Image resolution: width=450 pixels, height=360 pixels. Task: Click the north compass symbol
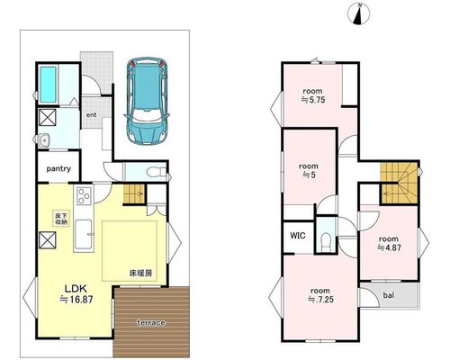point(358,14)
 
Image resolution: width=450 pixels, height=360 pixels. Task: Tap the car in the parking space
point(147,100)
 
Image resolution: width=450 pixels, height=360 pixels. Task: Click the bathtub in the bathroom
point(48,85)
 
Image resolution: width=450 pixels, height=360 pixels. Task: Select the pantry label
point(58,168)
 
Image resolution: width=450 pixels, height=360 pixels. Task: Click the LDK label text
point(76,289)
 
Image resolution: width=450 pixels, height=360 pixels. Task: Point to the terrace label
point(151,323)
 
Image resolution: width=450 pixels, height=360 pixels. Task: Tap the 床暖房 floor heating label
point(141,274)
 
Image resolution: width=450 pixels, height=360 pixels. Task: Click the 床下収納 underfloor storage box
point(61,219)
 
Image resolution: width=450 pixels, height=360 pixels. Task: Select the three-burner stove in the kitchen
point(84,195)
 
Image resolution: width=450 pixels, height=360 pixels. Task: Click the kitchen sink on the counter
point(83,234)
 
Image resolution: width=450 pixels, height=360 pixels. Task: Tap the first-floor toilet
point(157,172)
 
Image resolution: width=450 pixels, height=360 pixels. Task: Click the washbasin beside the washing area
point(44,140)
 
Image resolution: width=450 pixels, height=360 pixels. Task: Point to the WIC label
point(298,236)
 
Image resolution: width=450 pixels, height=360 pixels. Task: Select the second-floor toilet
point(326,241)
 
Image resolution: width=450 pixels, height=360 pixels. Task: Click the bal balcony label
point(389,295)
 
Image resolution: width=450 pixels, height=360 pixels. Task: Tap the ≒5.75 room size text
point(313,100)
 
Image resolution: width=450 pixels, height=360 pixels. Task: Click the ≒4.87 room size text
point(389,247)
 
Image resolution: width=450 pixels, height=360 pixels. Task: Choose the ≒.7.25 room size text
point(320,300)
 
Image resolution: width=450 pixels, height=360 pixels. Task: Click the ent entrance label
point(92,115)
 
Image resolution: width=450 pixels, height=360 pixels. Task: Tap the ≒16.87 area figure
point(76,299)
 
